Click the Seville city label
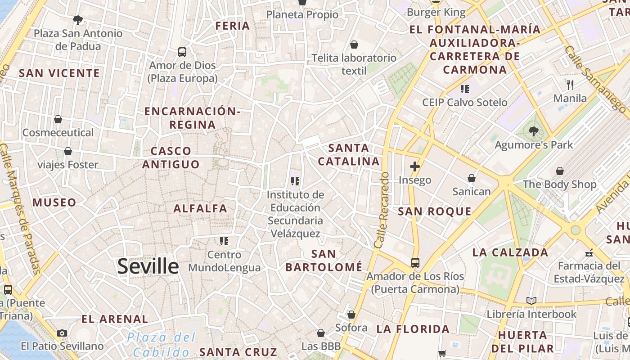coord(148,266)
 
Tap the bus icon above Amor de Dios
coord(182,52)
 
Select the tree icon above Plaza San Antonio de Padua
coord(78,20)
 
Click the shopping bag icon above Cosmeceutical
coord(58,119)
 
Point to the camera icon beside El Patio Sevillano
coord(62,333)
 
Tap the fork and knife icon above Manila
coord(570,85)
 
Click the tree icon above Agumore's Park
coord(534,131)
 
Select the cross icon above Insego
coord(415,167)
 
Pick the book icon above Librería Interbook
coord(531,301)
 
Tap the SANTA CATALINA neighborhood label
coord(349,154)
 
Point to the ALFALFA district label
coord(200,208)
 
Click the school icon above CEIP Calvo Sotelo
coord(465,89)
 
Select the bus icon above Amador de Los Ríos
coord(415,262)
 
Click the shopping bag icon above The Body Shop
coord(560,171)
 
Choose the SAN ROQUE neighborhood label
coord(435,211)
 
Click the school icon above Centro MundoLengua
coord(224,241)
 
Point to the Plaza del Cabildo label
coord(161,345)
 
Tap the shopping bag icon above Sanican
coord(472,179)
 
